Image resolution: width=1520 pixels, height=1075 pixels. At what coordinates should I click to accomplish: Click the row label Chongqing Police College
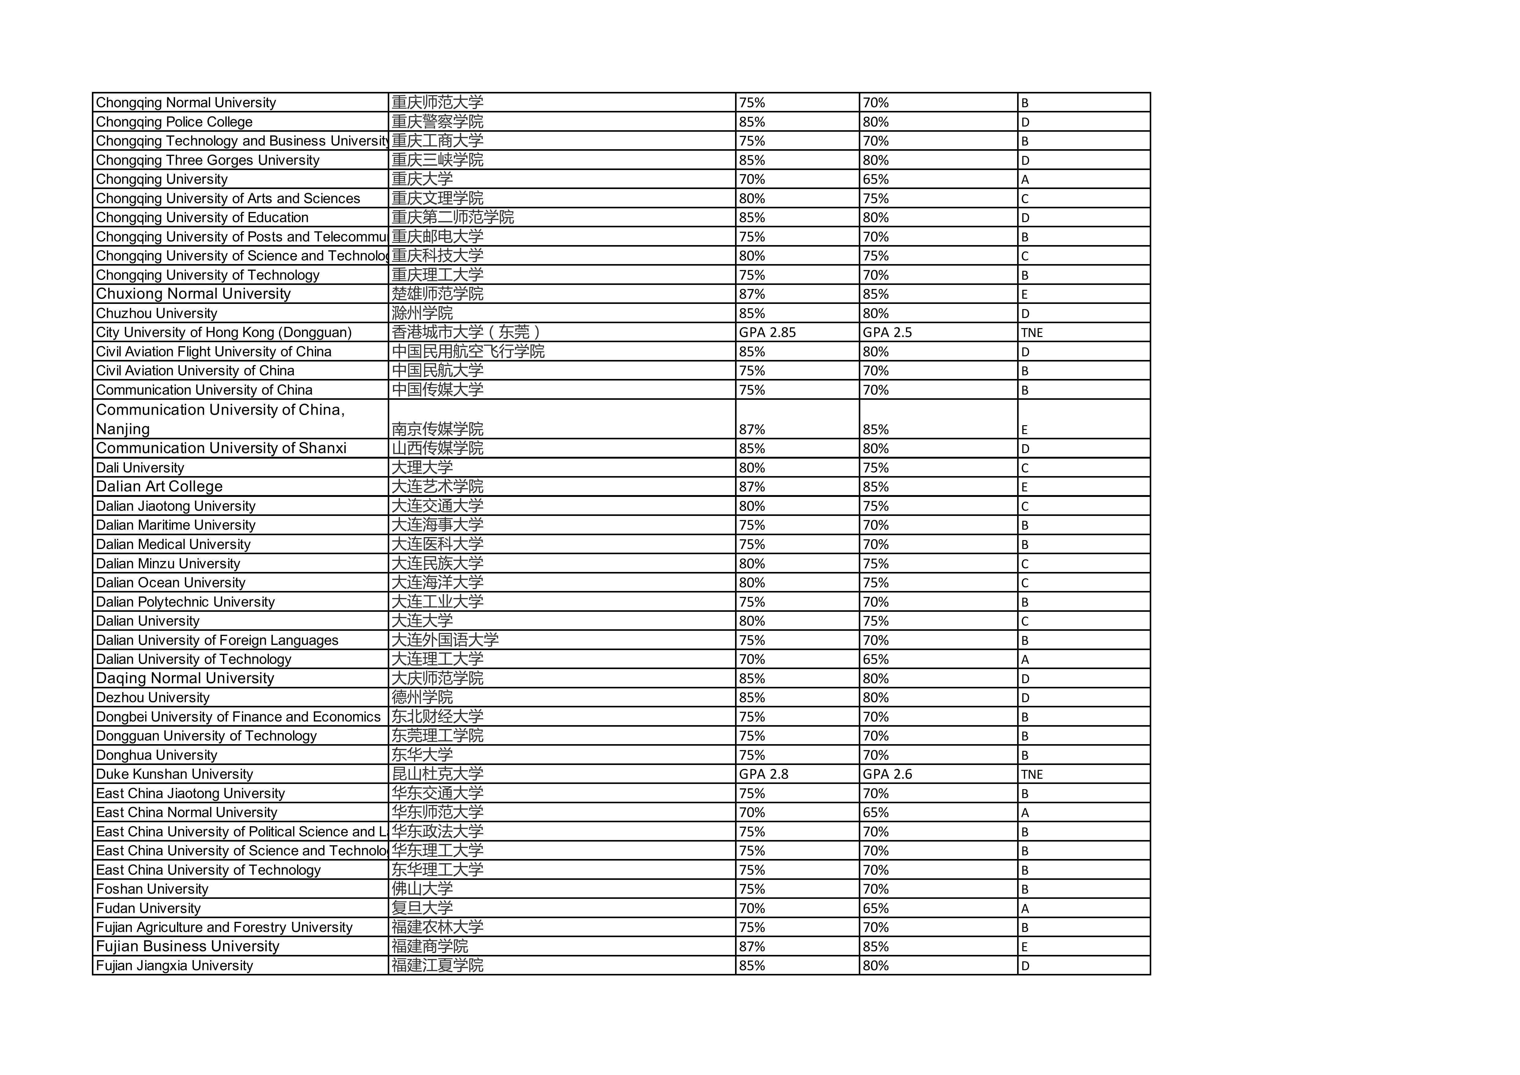(x=174, y=122)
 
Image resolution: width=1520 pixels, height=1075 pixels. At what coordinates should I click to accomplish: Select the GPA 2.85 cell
(x=767, y=332)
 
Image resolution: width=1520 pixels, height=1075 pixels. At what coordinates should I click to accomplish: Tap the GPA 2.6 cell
(x=887, y=774)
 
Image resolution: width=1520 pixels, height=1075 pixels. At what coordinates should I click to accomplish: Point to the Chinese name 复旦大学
(x=422, y=908)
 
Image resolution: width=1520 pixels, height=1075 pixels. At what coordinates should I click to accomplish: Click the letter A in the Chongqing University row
(x=1025, y=180)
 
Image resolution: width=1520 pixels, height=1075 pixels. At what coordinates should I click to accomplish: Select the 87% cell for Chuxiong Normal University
(x=752, y=294)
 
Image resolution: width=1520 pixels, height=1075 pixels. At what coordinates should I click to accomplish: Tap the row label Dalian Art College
(x=160, y=487)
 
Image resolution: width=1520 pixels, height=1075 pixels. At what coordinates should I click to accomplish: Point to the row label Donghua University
(x=156, y=755)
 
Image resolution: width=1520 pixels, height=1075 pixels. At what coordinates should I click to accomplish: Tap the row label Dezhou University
(x=153, y=698)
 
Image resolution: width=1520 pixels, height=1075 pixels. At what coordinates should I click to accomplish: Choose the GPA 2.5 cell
(x=887, y=332)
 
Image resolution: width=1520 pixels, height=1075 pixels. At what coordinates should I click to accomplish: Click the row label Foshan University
(x=152, y=889)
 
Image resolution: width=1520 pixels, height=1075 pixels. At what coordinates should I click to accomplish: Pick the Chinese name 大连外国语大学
(x=445, y=640)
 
